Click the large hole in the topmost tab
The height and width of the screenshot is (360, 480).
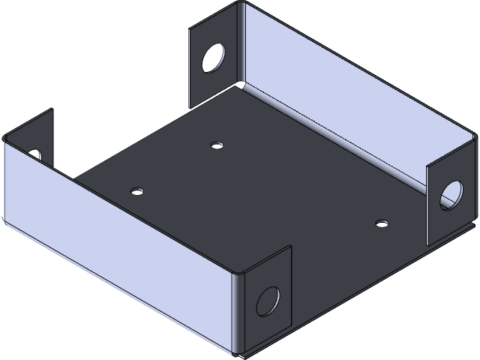(213, 57)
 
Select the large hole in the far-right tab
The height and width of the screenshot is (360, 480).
(451, 193)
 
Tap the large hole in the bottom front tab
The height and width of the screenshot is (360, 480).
(267, 300)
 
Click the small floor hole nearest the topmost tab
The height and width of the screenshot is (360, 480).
(217, 145)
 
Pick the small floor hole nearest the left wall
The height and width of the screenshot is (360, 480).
(136, 191)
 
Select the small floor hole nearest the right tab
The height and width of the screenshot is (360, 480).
(382, 223)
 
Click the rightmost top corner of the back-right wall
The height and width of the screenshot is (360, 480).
(475, 134)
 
